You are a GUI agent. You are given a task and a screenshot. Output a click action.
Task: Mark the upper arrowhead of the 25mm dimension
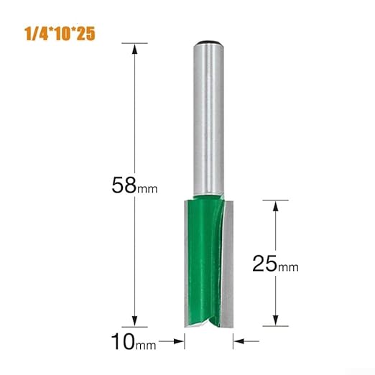274,206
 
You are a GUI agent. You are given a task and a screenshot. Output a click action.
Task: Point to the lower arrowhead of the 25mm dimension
274,321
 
